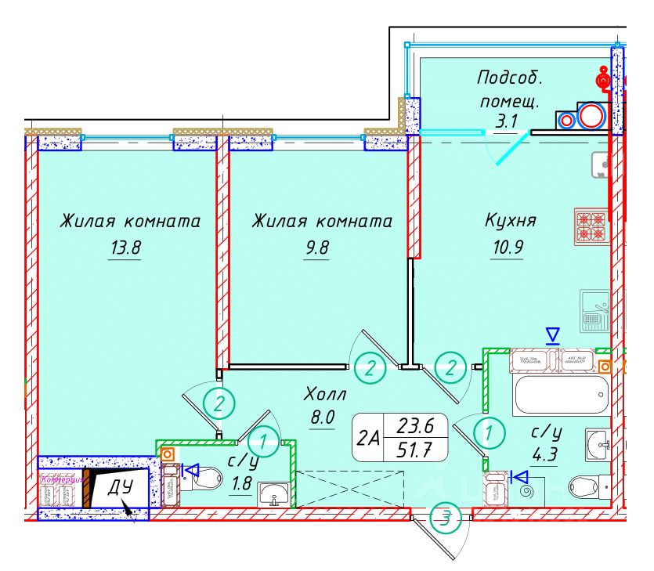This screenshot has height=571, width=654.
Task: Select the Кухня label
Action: click(x=511, y=220)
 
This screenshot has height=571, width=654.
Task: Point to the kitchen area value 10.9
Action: click(x=508, y=249)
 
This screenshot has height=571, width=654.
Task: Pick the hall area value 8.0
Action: click(x=322, y=417)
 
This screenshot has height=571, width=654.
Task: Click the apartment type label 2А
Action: click(x=368, y=439)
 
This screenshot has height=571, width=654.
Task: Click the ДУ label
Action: click(x=119, y=487)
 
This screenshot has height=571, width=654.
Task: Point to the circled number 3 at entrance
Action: click(x=445, y=517)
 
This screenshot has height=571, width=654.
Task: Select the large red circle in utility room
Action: click(x=591, y=117)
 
